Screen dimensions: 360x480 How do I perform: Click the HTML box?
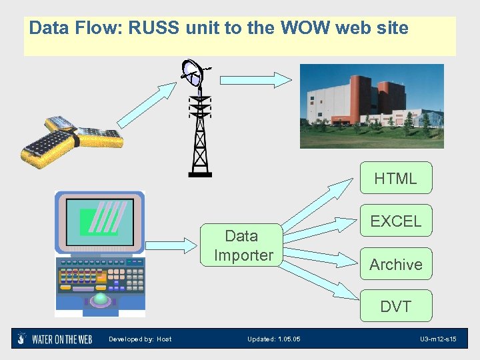(395, 178)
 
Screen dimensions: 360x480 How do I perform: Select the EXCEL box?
(395, 221)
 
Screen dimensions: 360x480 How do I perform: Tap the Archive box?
(395, 265)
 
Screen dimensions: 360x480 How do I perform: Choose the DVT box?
(395, 307)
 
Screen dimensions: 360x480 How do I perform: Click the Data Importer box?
(243, 245)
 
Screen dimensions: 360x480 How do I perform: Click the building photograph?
(371, 106)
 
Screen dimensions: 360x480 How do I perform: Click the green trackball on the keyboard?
(101, 299)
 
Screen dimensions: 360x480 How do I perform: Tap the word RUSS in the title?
(155, 29)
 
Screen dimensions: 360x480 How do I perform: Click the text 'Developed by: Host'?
(140, 339)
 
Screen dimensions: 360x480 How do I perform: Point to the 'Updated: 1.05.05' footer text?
(273, 339)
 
